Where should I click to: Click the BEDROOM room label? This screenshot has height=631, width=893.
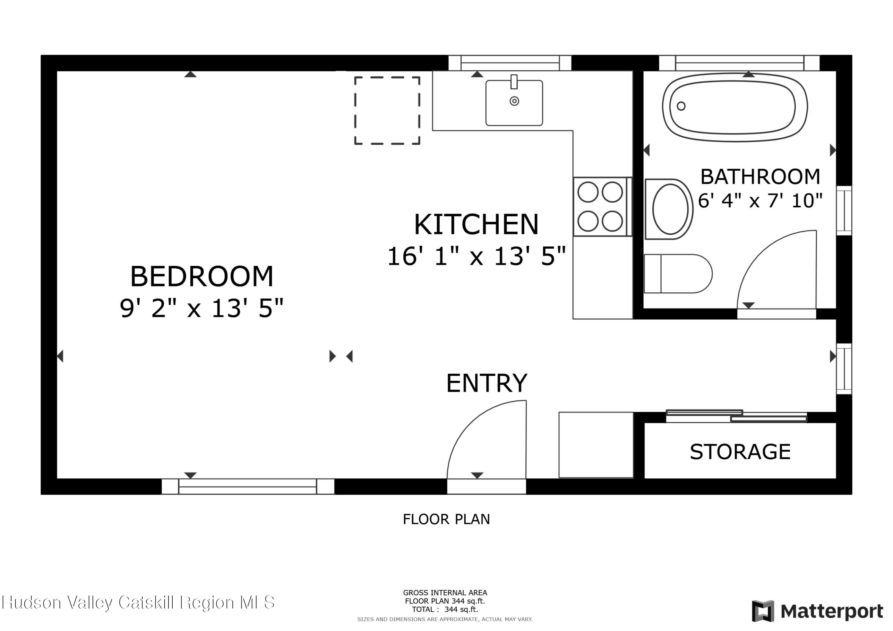pos(202,277)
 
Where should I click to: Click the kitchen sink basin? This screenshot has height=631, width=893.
pos(514,103)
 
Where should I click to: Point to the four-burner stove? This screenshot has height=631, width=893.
pos(600,207)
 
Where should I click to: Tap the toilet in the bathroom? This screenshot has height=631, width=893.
pos(677,274)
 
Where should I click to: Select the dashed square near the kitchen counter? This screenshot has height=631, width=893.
pos(387,111)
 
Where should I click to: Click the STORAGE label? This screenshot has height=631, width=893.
pos(740,452)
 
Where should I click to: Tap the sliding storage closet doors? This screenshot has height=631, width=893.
pos(736,416)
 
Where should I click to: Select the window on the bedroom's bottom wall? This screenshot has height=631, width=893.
pos(248,486)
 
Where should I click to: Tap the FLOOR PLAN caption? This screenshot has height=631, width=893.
pos(446,519)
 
